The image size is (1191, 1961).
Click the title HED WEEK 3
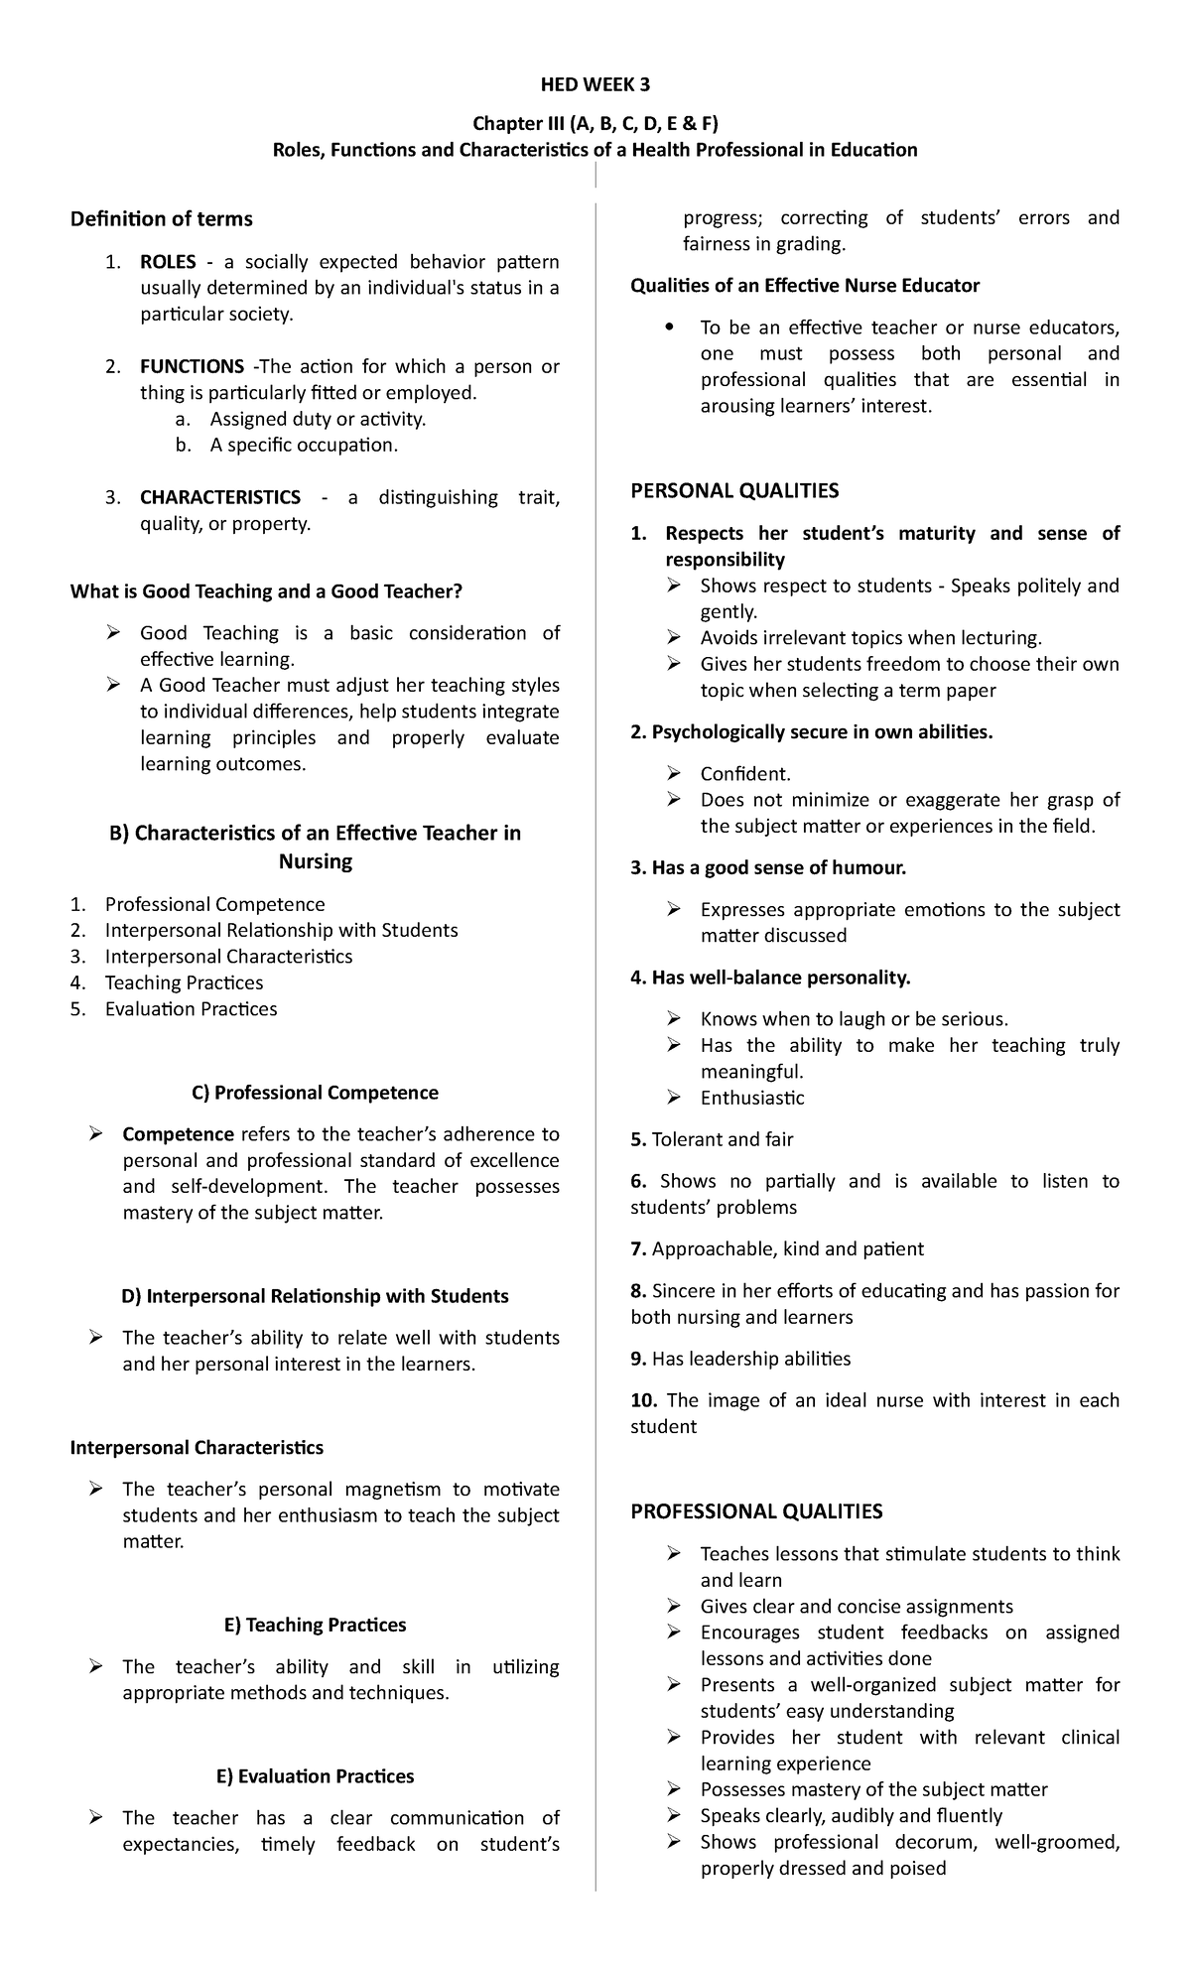point(595,83)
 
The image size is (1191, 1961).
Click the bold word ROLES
point(168,262)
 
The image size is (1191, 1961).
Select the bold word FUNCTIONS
point(192,366)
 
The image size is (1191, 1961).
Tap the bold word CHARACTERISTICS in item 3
point(219,497)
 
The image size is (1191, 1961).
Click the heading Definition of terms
point(161,218)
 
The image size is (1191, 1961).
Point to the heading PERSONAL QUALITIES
point(734,490)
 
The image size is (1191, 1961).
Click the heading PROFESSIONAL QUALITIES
point(756,1511)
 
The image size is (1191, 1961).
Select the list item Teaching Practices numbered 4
point(184,982)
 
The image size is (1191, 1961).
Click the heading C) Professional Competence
point(315,1093)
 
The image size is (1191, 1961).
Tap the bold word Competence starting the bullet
point(178,1134)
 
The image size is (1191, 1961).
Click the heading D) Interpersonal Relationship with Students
point(315,1296)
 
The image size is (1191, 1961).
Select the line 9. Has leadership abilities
point(740,1359)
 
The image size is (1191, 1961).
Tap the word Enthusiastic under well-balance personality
point(751,1098)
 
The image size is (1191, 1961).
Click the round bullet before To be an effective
point(672,328)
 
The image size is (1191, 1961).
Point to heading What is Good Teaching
point(266,591)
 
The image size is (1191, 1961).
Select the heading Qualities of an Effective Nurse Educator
point(805,286)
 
